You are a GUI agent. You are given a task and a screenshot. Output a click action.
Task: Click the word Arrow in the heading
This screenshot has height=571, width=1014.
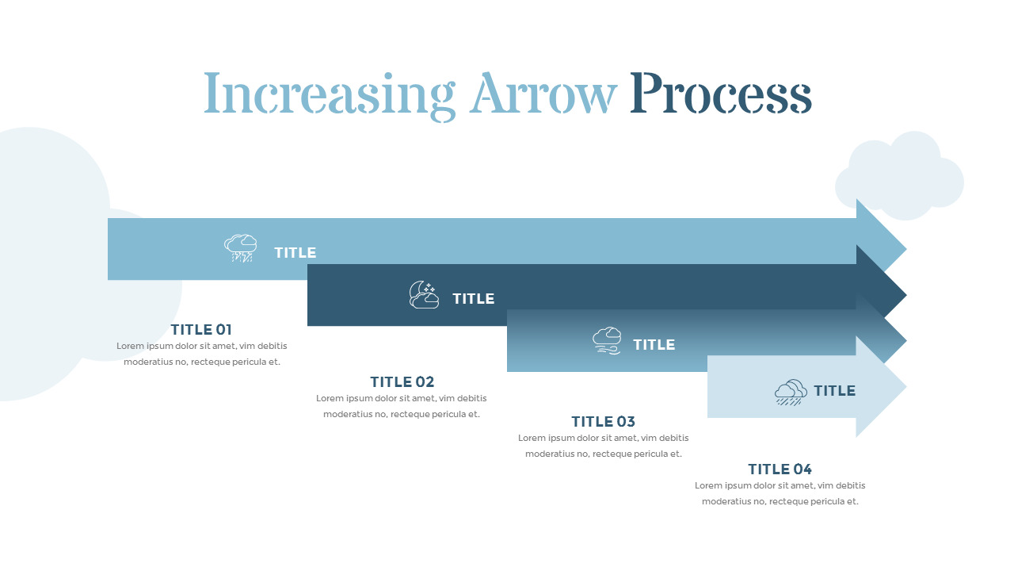(543, 93)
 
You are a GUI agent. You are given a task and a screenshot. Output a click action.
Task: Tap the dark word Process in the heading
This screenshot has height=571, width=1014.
(721, 93)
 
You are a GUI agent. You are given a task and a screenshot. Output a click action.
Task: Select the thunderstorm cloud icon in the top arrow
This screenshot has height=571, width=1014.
(240, 248)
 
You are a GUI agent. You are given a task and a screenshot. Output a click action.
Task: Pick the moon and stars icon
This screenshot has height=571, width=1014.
(424, 294)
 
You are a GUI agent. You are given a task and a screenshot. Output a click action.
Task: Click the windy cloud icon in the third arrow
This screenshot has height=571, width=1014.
(607, 341)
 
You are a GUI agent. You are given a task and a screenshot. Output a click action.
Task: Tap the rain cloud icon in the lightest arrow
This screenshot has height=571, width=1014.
(791, 393)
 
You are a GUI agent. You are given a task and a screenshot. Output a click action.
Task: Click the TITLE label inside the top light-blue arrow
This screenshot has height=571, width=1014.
(295, 253)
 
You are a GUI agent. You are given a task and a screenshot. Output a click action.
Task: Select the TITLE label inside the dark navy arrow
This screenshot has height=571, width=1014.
(474, 299)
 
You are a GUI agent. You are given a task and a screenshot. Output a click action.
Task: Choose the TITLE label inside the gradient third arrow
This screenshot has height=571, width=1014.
(654, 345)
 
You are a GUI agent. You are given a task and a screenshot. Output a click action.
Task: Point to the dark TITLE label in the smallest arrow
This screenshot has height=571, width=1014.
(835, 391)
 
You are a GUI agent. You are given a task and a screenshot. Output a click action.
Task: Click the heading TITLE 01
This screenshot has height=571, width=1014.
(201, 330)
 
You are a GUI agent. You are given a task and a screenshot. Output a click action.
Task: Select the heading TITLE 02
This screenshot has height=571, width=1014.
(402, 382)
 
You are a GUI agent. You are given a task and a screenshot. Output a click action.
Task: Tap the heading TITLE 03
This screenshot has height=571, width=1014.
(604, 422)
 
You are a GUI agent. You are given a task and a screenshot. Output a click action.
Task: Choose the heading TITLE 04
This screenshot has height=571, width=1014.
(780, 469)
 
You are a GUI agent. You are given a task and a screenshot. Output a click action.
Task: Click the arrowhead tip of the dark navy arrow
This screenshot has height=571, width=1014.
(906, 296)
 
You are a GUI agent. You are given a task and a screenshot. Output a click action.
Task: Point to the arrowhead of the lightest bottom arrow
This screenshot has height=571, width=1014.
(882, 386)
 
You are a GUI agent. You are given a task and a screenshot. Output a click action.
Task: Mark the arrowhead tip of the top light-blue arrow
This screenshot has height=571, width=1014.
(906, 249)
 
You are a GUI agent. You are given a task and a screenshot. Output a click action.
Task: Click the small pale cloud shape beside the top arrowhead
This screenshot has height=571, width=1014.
(899, 176)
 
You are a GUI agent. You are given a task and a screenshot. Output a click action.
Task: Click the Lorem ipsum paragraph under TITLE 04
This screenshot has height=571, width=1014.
(780, 493)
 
